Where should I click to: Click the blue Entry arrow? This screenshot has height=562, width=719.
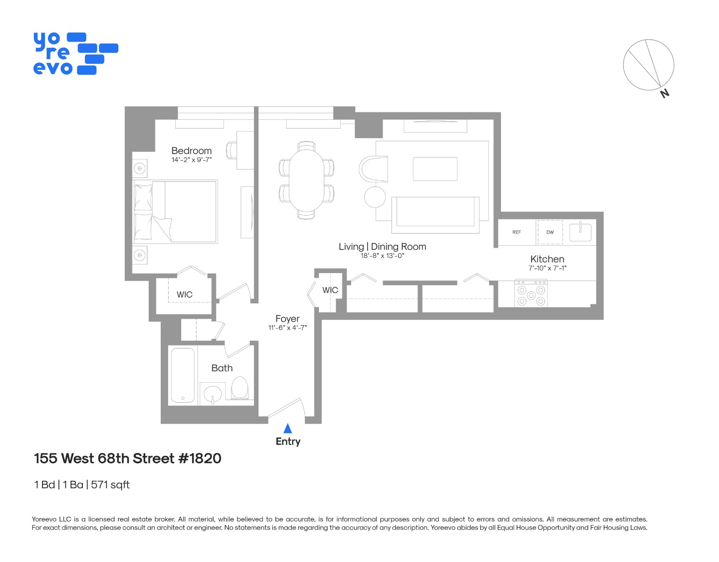[x=287, y=428]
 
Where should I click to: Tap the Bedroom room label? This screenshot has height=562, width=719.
[x=191, y=151]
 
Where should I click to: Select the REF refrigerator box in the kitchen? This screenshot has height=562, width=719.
[x=516, y=232]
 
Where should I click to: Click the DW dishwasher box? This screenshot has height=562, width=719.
[x=550, y=232]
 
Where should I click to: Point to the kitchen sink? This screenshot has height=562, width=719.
[x=580, y=232]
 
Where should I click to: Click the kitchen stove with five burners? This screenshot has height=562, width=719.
[x=531, y=294]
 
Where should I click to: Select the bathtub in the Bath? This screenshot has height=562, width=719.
[x=183, y=375]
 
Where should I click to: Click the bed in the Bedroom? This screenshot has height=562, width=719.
[x=175, y=211]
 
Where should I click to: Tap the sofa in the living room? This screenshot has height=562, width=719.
[x=435, y=214]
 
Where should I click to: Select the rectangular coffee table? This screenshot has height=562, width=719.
[x=435, y=169]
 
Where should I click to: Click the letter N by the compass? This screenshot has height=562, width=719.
[x=665, y=93]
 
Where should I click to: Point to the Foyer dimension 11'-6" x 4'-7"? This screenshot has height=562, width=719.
[x=287, y=328]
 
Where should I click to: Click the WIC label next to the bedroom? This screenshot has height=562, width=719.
[x=184, y=294]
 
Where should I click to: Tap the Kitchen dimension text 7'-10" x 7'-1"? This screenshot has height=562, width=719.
[x=547, y=268]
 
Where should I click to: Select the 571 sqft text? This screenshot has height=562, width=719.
[x=110, y=485]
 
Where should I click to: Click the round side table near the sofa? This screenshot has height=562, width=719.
[x=375, y=197]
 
